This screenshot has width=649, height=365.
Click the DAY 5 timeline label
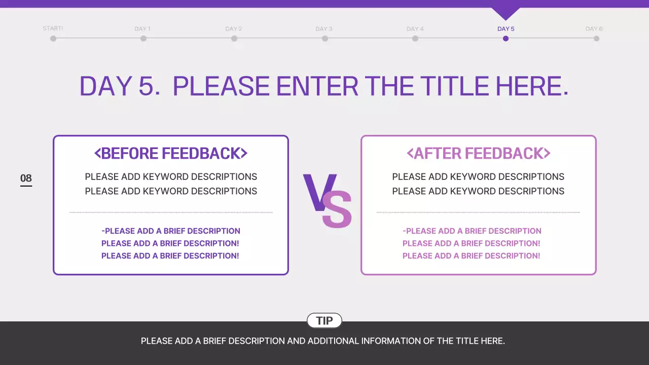click(506, 29)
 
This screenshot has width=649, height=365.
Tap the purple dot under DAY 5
click(506, 39)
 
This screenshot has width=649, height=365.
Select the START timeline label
click(53, 28)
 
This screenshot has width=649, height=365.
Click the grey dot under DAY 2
click(234, 39)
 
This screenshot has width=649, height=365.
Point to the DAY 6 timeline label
click(594, 29)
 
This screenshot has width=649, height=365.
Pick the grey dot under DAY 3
click(324, 39)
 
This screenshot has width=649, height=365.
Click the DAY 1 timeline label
click(142, 29)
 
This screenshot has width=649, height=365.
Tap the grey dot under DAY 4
click(415, 39)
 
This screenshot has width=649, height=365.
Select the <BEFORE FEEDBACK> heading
click(171, 153)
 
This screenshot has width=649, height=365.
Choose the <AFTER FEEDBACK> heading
click(478, 153)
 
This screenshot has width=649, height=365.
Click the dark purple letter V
click(317, 192)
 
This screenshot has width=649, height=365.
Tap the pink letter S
click(337, 209)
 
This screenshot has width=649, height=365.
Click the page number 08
click(26, 178)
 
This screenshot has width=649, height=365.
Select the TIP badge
click(324, 320)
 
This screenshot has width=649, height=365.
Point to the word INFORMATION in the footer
click(390, 341)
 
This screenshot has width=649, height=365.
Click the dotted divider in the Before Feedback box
click(171, 212)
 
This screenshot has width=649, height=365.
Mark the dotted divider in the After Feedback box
click(478, 212)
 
